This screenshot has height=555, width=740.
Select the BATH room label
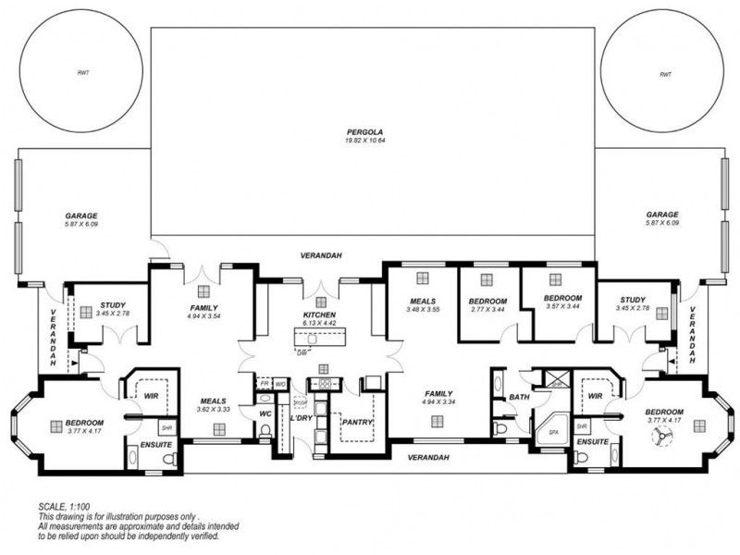point(518,399)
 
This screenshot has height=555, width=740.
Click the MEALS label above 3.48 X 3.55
point(422,301)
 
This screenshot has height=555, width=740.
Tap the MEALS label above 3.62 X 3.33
point(213,401)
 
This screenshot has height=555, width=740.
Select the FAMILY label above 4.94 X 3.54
point(203,307)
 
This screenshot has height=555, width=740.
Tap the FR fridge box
point(264,382)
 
